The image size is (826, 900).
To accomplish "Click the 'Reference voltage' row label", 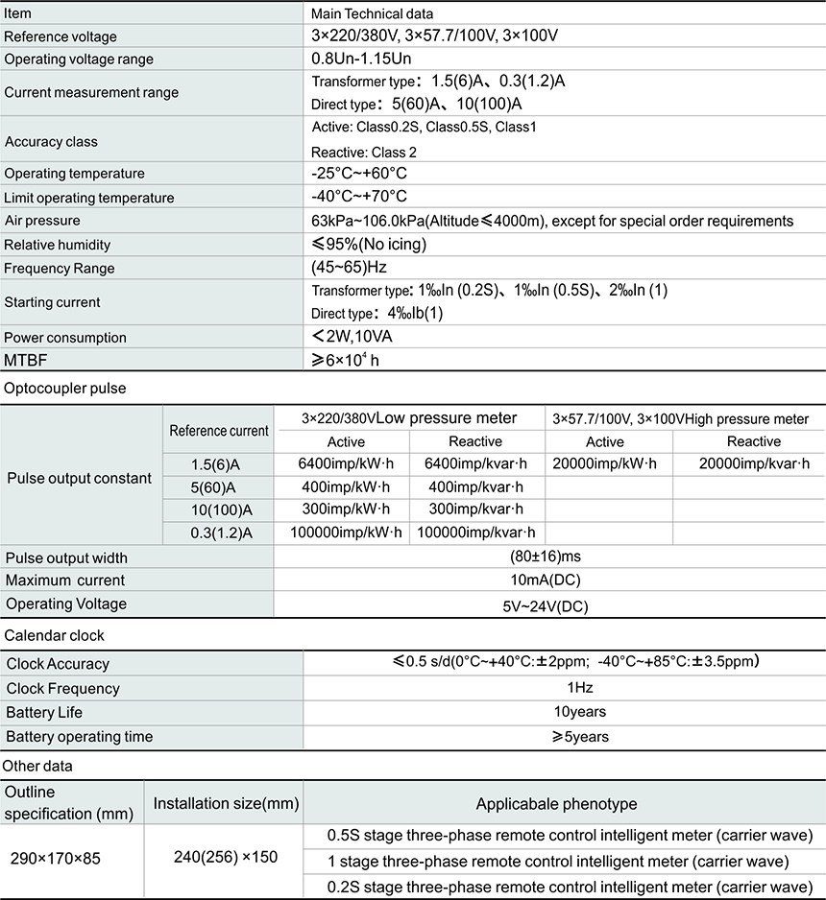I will tap(61, 36).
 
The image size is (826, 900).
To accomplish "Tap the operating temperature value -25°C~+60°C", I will tap(359, 174).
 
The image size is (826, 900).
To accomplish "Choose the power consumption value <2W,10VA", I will tap(352, 337).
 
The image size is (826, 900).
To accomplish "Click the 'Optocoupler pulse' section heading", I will tap(65, 389).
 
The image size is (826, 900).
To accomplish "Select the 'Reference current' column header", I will tap(219, 431).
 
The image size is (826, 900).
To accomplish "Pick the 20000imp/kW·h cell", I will tap(605, 463).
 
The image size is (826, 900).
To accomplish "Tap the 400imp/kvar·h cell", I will tap(475, 486).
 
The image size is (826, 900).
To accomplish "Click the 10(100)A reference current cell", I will tap(221, 509).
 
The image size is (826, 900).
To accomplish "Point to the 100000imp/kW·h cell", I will tap(344, 533).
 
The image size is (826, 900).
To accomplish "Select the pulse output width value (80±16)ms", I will tap(546, 557).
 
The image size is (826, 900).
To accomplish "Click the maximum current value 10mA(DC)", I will tap(546, 580).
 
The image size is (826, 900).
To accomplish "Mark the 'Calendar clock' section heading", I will tap(55, 635).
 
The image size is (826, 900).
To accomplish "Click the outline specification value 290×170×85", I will tap(55, 858).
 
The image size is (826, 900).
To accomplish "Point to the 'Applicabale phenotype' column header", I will tap(557, 804).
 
